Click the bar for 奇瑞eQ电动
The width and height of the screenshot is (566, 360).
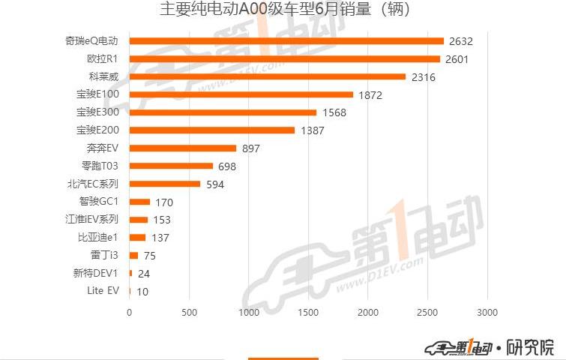286,40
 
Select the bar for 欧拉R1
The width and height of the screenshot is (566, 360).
285,58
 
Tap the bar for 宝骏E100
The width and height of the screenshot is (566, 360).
241,94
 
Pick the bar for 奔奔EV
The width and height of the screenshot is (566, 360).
183,148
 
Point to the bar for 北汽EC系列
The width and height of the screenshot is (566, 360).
165,184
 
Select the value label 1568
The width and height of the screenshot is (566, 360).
335,113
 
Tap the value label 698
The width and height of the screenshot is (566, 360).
227,166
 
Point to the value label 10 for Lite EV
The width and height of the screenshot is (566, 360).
142,292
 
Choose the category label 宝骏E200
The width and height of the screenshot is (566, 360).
97,130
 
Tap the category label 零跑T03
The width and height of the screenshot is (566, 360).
100,166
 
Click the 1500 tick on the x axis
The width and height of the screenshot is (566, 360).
308,312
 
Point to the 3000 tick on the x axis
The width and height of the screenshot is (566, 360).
487,312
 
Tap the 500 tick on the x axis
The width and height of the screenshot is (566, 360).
189,312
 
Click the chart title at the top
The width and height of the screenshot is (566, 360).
284,10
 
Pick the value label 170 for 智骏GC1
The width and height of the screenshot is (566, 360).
162,202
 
